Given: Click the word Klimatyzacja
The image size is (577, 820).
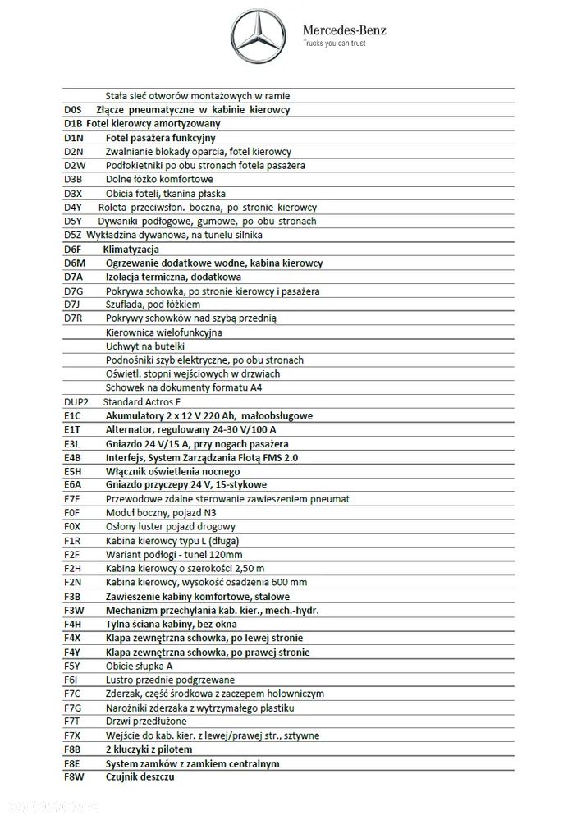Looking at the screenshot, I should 131,250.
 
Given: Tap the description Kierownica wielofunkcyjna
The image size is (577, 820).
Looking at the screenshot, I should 164,332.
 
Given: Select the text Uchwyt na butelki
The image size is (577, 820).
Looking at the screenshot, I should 145,346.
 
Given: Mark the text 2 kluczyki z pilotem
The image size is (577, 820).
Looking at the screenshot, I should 149,749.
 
